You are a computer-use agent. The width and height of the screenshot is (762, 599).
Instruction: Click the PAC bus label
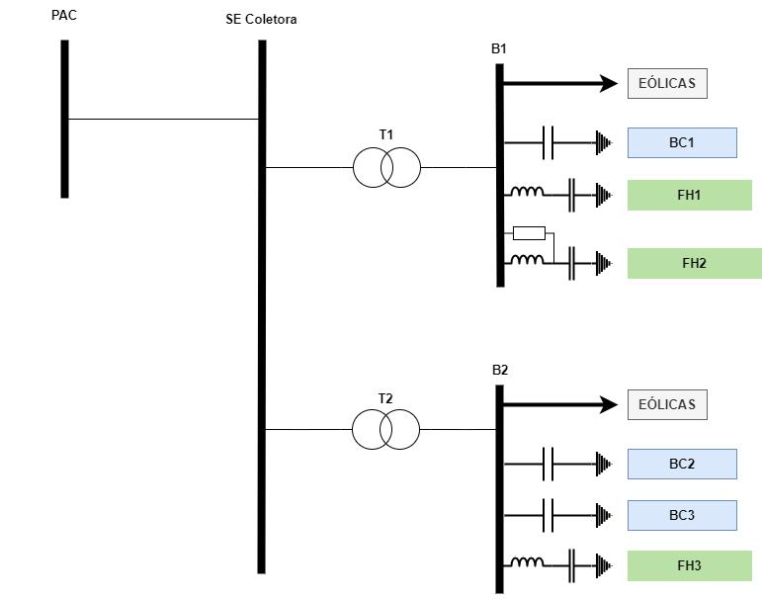coord(64,16)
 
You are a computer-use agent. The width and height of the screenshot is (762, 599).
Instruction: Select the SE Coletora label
coord(261,20)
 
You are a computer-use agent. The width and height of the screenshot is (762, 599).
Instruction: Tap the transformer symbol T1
coord(386,168)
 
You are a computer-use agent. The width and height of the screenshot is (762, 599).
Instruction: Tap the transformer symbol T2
coord(385,430)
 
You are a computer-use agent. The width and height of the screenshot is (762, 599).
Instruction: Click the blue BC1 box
coord(682,143)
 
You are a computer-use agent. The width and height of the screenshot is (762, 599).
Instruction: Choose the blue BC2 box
coord(682,464)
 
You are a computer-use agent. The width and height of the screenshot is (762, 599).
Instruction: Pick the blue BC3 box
coord(682,515)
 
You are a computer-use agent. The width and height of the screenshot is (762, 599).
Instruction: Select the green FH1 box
coord(689,196)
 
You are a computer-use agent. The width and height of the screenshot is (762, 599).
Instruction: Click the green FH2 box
coord(694,264)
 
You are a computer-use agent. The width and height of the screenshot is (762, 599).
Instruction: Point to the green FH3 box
coord(689,565)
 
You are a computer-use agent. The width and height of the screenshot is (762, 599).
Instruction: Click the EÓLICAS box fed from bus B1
coord(667,84)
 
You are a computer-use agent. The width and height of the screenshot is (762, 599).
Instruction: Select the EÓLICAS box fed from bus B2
coord(667,404)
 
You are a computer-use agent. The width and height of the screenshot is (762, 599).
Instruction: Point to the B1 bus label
coord(499,48)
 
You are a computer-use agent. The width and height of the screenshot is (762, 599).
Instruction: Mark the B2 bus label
coord(500,371)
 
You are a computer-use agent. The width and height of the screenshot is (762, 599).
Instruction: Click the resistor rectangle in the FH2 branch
coord(529,233)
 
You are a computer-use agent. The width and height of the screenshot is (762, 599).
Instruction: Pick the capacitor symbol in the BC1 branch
coord(549,143)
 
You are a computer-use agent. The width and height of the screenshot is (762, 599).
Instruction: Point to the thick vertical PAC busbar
coord(64,119)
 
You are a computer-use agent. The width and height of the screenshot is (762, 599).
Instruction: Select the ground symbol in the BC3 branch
coord(603,515)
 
